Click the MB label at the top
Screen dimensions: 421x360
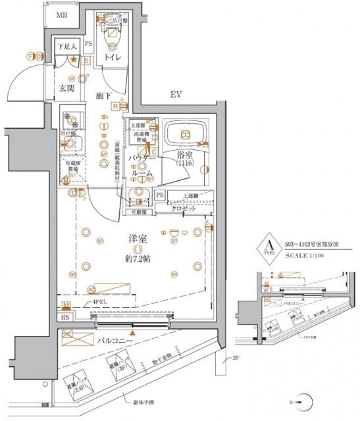pos(61,16)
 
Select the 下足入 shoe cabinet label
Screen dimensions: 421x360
pos(66,47)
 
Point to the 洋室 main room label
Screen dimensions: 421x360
pos(138,237)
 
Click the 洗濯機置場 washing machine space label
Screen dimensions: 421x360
pos(138,137)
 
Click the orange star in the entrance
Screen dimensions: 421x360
pos(74,61)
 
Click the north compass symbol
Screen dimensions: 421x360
pos(303,400)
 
